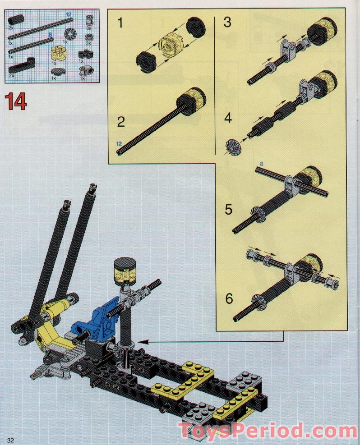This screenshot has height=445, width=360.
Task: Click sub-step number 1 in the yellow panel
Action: [x=120, y=23]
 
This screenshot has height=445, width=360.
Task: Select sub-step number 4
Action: [x=228, y=119]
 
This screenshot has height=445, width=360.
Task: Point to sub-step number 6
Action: [x=229, y=298]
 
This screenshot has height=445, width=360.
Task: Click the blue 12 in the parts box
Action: [x=69, y=15]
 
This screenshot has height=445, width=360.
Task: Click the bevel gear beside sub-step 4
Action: [x=233, y=146]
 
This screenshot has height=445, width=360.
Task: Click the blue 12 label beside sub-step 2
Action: [x=119, y=143]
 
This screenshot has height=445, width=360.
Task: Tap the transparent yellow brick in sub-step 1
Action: [x=170, y=45]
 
